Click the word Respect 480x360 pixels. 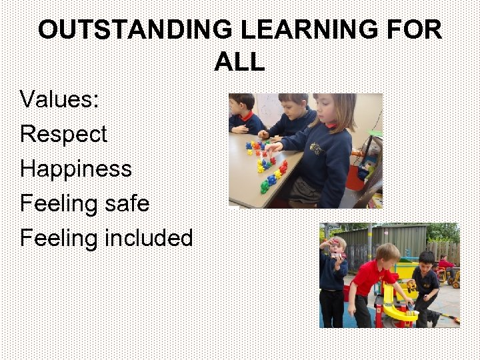pyautogui.click(x=63, y=134)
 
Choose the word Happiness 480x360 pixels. pyautogui.click(x=76, y=169)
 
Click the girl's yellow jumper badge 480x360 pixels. pyautogui.click(x=331, y=149)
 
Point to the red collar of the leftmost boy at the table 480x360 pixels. pyautogui.click(x=246, y=117)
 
